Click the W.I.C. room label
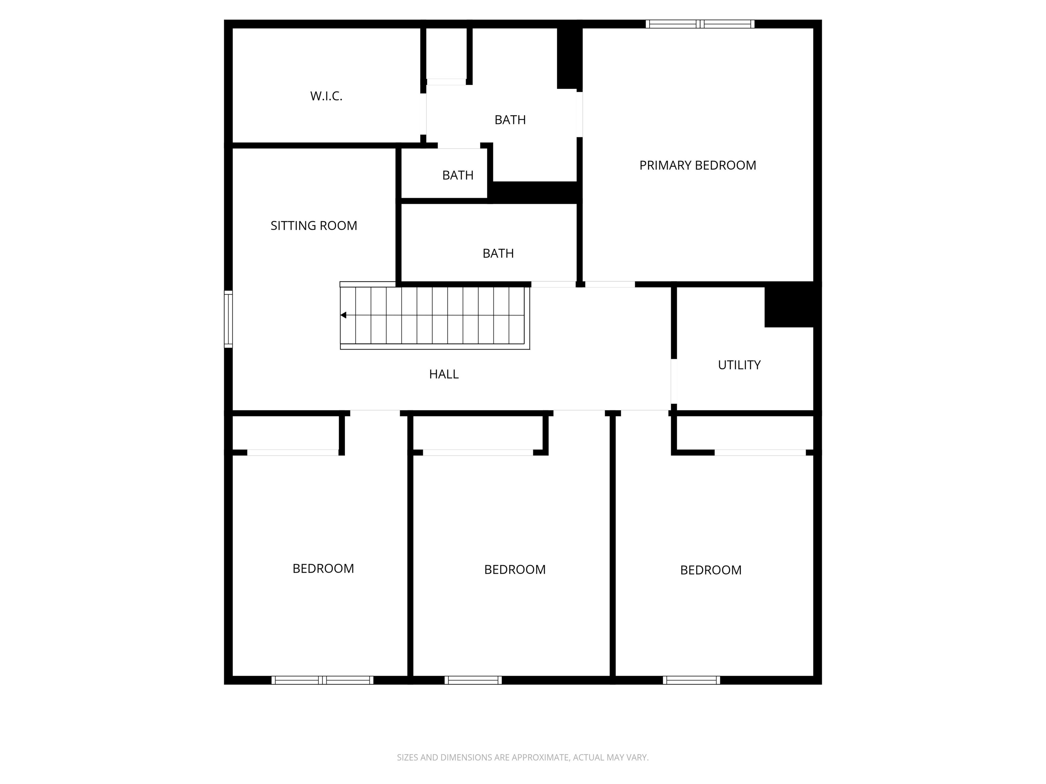[x=326, y=96]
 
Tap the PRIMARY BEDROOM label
[x=697, y=165]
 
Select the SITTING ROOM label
[x=314, y=226]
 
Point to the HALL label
[x=444, y=374]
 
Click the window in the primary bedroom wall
[x=700, y=24]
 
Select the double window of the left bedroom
[x=322, y=680]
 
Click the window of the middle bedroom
[x=473, y=680]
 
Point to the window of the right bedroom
[x=691, y=680]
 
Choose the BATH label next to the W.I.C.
[x=510, y=120]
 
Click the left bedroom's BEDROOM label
[x=323, y=569]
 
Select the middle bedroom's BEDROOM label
[x=514, y=569]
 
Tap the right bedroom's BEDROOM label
[x=710, y=570]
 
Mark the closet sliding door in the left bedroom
[x=293, y=452]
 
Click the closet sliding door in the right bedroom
[x=760, y=452]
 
